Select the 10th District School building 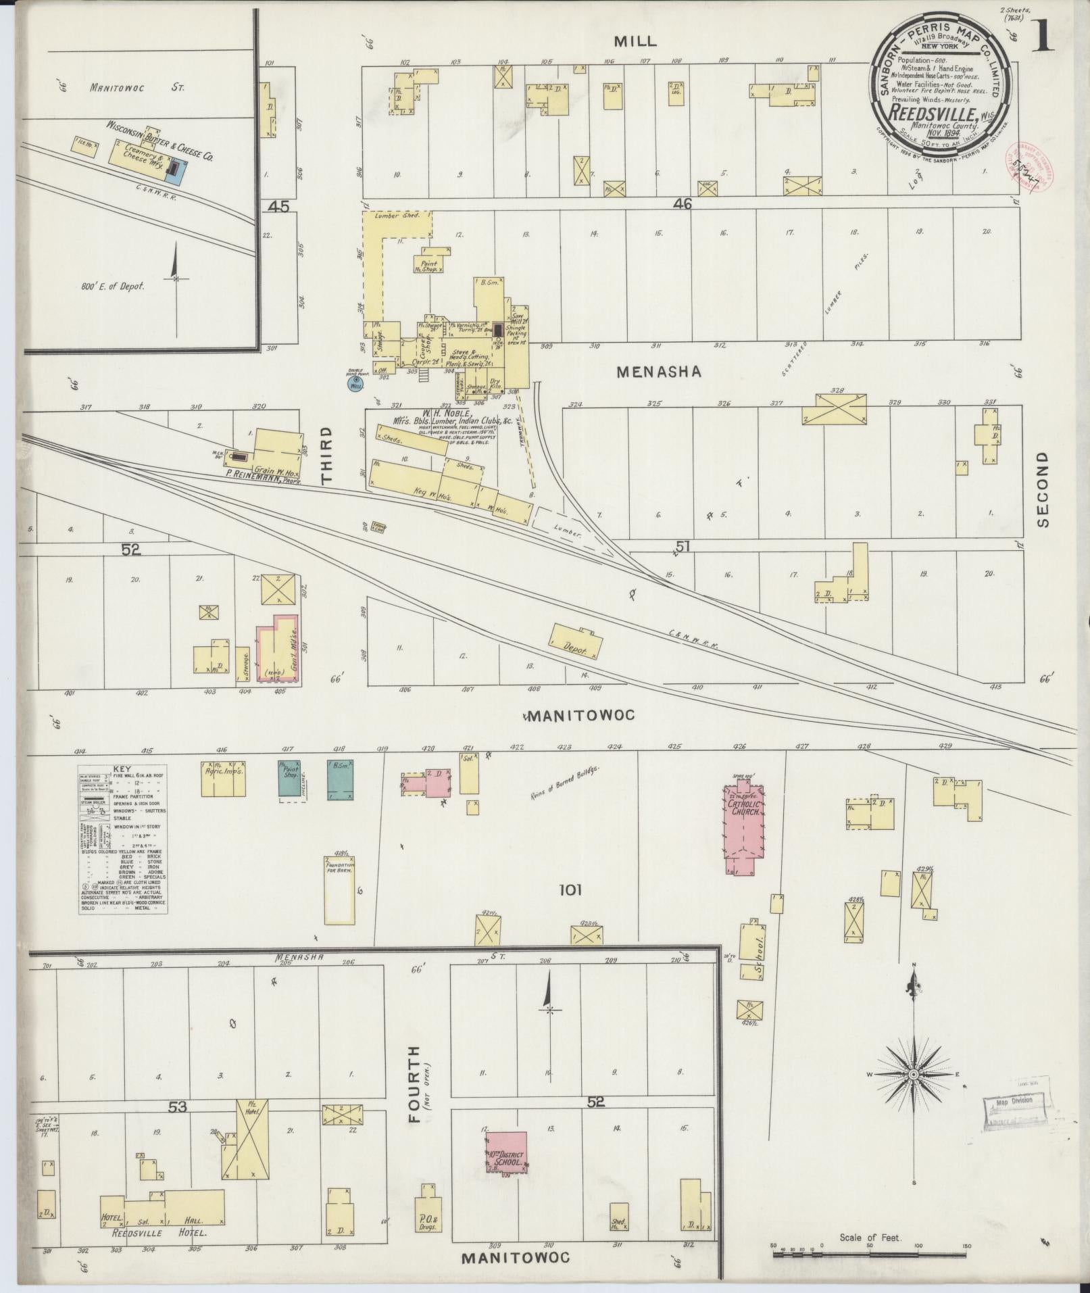(505, 1154)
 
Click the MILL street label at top (635, 41)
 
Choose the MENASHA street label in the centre (659, 371)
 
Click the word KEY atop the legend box (122, 769)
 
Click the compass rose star (914, 1093)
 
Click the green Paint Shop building (290, 780)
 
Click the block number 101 (570, 890)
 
